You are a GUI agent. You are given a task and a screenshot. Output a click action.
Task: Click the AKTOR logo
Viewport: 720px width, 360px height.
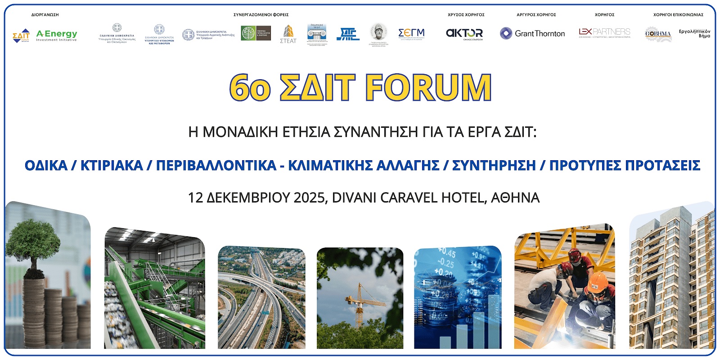click(464, 33)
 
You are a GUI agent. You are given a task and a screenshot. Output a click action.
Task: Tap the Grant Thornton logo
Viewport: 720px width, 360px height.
click(532, 33)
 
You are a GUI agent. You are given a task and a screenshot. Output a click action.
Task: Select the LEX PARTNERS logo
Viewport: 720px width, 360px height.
click(604, 32)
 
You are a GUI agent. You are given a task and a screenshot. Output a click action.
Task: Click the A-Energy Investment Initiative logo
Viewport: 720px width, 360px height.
click(57, 35)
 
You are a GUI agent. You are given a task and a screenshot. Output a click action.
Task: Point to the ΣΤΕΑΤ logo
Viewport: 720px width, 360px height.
click(288, 34)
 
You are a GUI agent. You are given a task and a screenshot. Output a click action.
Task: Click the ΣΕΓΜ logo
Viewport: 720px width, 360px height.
click(411, 33)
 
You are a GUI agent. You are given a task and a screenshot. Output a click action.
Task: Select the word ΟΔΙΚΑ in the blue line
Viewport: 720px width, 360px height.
click(46, 165)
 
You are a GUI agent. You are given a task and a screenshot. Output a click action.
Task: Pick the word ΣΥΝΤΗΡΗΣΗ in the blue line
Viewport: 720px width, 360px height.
click(494, 165)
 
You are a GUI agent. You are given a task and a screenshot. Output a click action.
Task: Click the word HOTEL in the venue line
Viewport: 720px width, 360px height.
click(464, 198)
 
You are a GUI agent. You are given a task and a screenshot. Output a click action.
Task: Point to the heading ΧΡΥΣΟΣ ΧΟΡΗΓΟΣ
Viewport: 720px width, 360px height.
click(466, 15)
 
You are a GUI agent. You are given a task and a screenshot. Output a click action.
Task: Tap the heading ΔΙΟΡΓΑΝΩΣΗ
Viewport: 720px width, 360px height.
click(45, 15)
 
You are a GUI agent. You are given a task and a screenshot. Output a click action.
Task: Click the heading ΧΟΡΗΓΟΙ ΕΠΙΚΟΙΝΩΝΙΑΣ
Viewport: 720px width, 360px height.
click(678, 15)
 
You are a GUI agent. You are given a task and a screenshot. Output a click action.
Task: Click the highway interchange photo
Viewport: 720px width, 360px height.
click(261, 297)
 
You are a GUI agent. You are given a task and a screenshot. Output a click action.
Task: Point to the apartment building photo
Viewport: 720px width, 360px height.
click(671, 279)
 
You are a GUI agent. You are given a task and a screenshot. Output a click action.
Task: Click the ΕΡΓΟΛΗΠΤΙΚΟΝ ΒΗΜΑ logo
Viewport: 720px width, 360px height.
click(694, 34)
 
